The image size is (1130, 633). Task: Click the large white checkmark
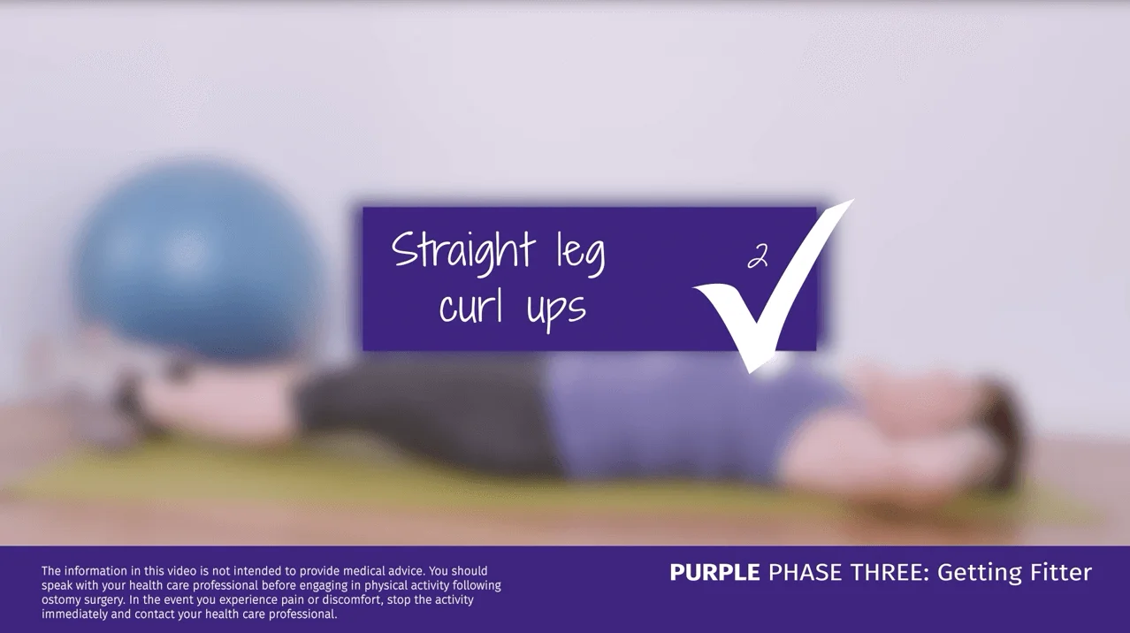(769, 292)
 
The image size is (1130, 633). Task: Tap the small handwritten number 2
(757, 256)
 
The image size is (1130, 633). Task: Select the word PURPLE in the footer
(714, 573)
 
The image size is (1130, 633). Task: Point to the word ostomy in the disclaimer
(61, 599)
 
